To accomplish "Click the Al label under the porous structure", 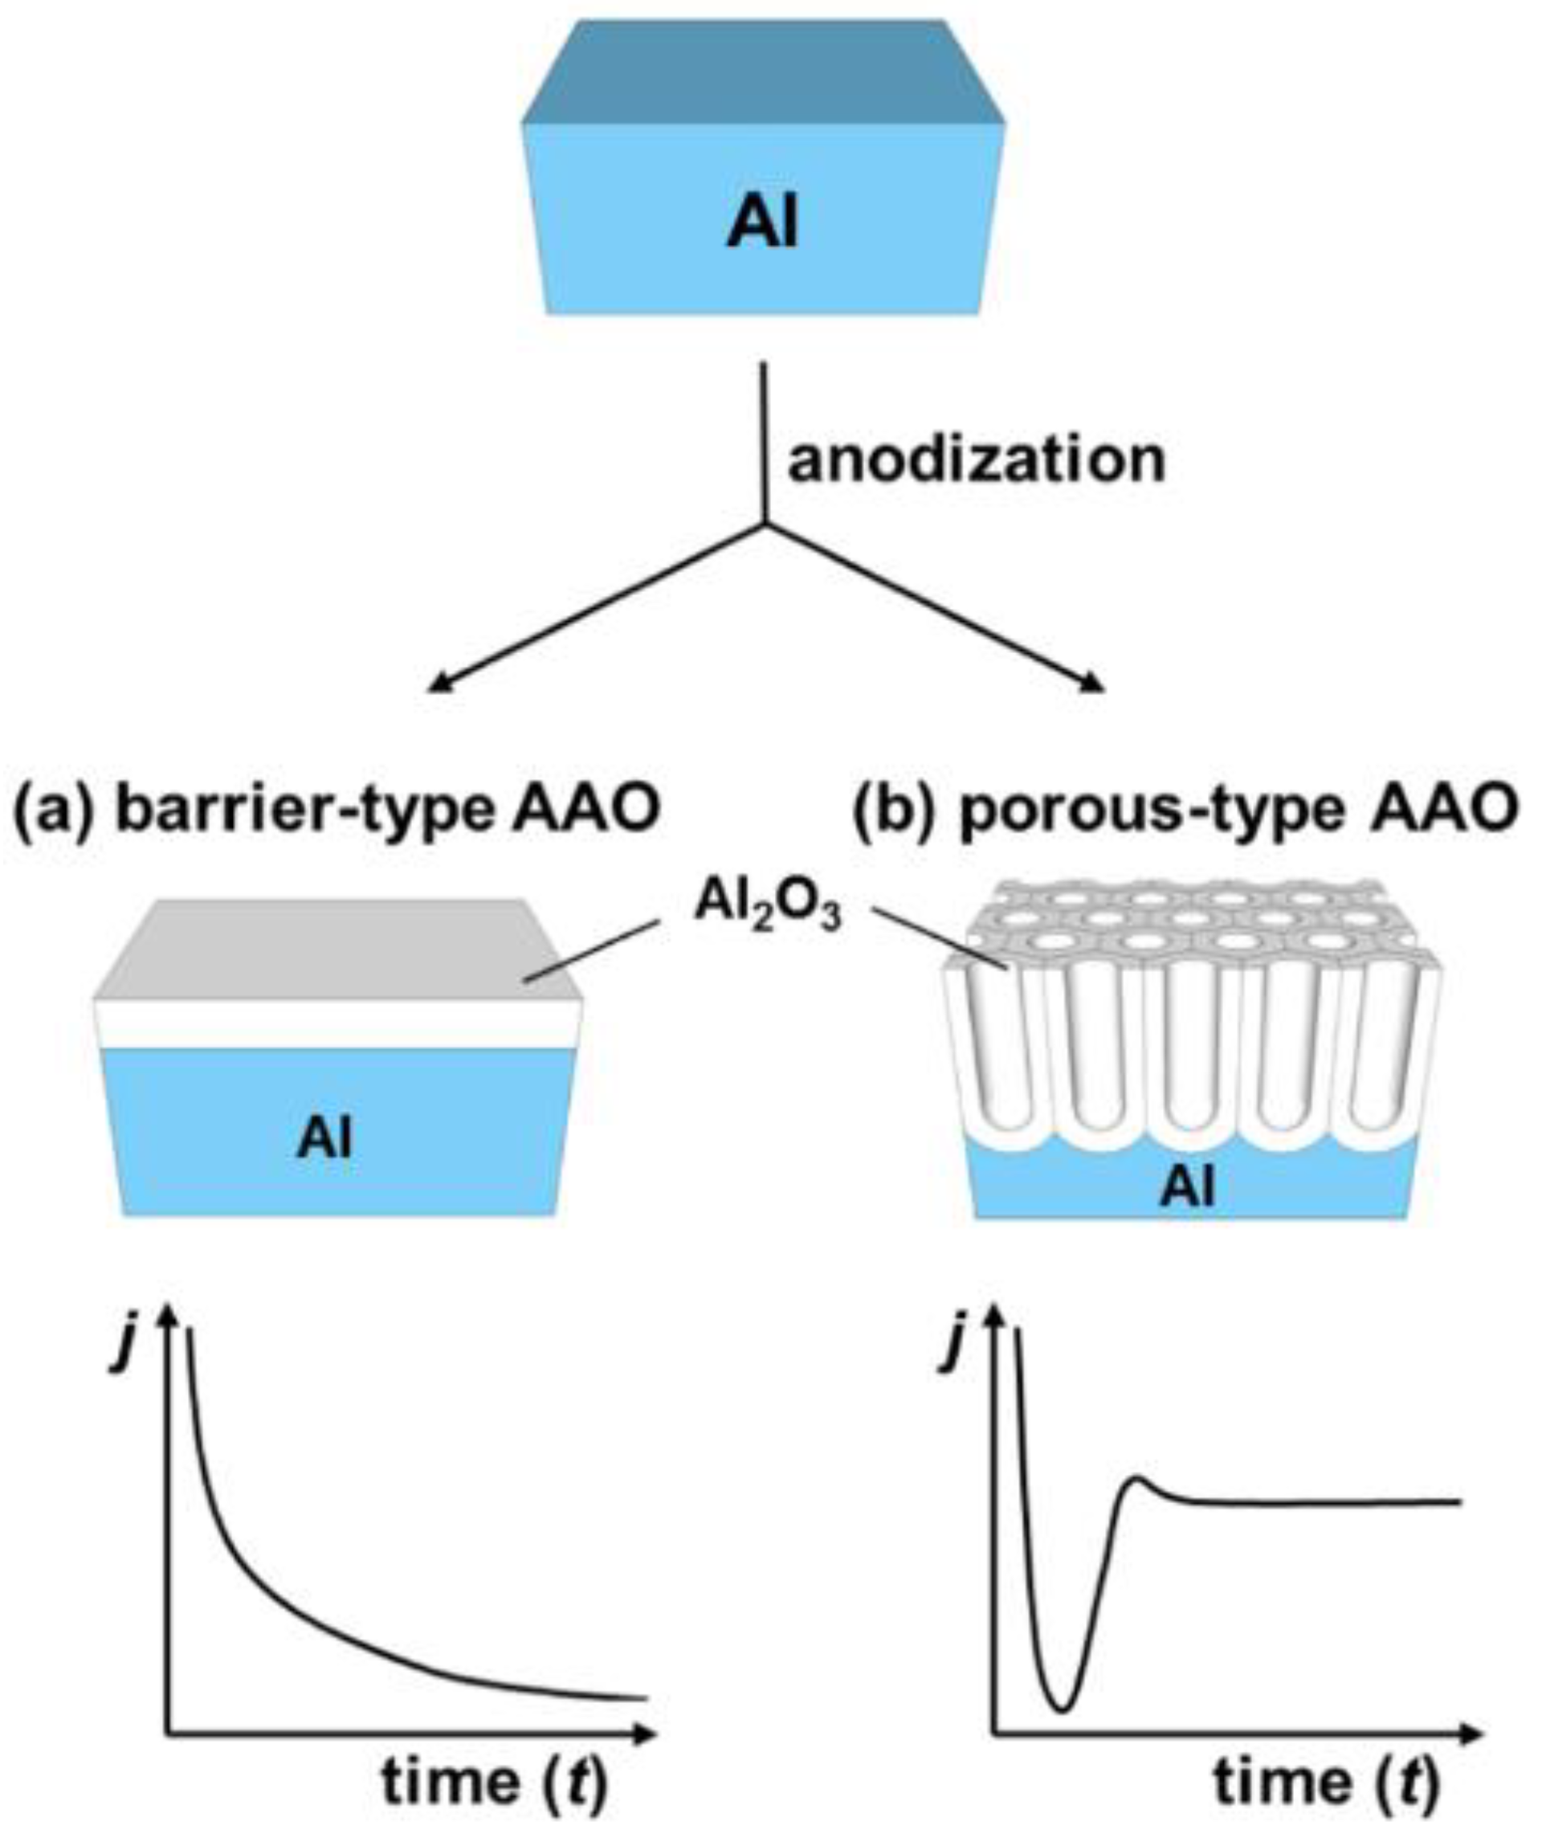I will coord(1189,1191).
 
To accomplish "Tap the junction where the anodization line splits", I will coord(765,525).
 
